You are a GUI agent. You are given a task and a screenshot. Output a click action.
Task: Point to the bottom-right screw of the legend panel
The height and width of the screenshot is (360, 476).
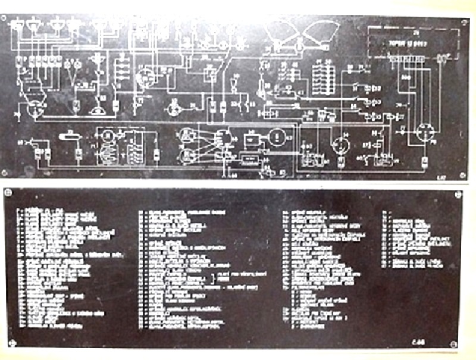coord(455,343)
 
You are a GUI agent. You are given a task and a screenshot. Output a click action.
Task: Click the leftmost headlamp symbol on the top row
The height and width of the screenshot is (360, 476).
coord(17,26)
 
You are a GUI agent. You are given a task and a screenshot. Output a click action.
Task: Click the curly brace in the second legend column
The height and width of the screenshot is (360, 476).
coord(213,277)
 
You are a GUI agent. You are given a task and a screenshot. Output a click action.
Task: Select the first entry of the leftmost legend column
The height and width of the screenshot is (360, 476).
coord(36,211)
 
